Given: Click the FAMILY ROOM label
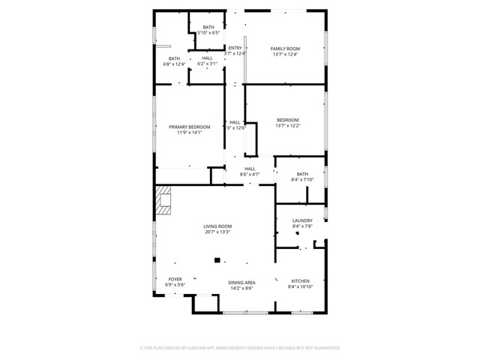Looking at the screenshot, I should coord(285,49).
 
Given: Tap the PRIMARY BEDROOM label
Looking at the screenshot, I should coord(190,127).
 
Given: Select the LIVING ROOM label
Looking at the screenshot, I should coord(217,226).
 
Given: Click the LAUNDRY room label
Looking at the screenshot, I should coord(302,220).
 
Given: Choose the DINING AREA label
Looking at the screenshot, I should coord(241,282).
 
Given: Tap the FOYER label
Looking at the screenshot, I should coord(175,279).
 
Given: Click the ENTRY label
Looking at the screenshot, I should coord(235,48).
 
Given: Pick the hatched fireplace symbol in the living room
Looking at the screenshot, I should coord(163,199).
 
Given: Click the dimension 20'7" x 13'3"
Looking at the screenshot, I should coord(217,232).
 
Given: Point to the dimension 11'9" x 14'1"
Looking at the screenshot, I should coord(190,133).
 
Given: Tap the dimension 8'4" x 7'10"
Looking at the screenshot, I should coord(302,180).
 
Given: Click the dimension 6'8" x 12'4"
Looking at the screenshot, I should coord(174,64).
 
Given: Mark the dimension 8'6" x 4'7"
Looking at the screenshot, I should coord(250,175).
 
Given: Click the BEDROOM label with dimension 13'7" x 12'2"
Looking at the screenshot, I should coord(288,120).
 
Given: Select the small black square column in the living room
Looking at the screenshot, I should coord(217,260).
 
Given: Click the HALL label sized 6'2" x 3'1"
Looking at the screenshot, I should coord(207,58).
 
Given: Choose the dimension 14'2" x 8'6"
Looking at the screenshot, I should coord(241,288).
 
